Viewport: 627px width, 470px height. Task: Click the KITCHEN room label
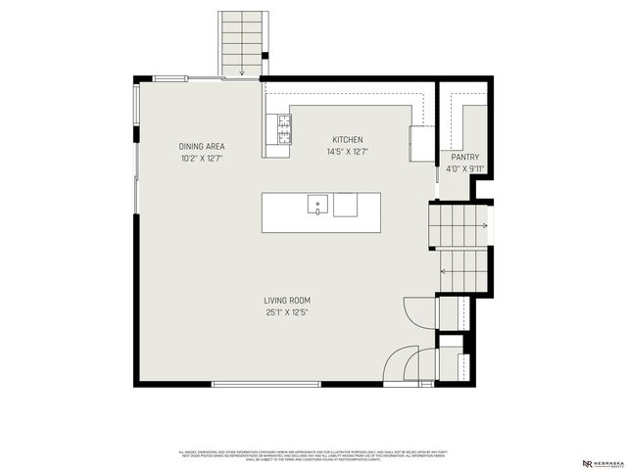tap(347, 140)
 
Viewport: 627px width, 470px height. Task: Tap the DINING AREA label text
tap(201, 146)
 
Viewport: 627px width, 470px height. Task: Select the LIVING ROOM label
tap(286, 301)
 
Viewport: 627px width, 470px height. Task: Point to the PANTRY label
tap(464, 157)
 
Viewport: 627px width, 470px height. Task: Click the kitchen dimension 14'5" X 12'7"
tap(347, 152)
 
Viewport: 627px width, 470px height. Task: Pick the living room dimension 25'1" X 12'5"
tap(286, 313)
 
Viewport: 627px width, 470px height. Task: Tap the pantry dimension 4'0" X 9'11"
tap(464, 168)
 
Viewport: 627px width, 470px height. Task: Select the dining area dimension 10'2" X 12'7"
tap(201, 158)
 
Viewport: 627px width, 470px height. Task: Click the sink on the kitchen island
tap(317, 205)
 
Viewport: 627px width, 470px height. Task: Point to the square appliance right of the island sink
tap(345, 205)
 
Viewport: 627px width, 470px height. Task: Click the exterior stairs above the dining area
tap(240, 44)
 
